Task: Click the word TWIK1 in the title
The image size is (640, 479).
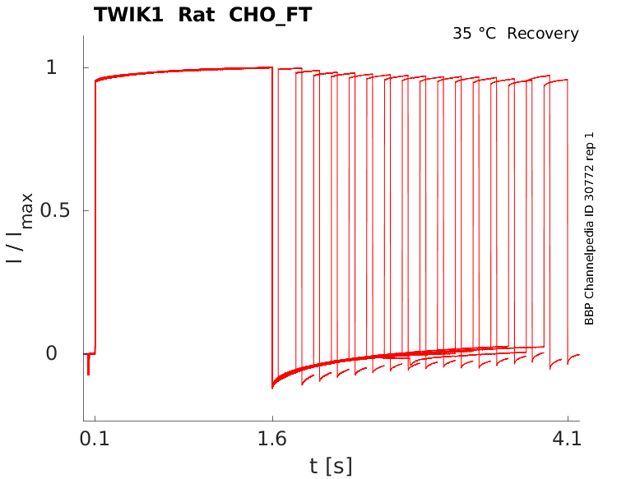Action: coord(128,15)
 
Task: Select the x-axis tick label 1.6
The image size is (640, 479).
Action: coord(272,439)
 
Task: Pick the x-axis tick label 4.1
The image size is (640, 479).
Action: coord(568,439)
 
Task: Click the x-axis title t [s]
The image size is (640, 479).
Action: coord(331,467)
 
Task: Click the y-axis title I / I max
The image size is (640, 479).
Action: coord(20,228)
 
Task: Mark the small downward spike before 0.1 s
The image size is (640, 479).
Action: coord(88,368)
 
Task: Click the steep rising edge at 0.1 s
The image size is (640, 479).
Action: coord(95,214)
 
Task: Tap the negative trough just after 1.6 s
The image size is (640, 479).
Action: coord(273,385)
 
